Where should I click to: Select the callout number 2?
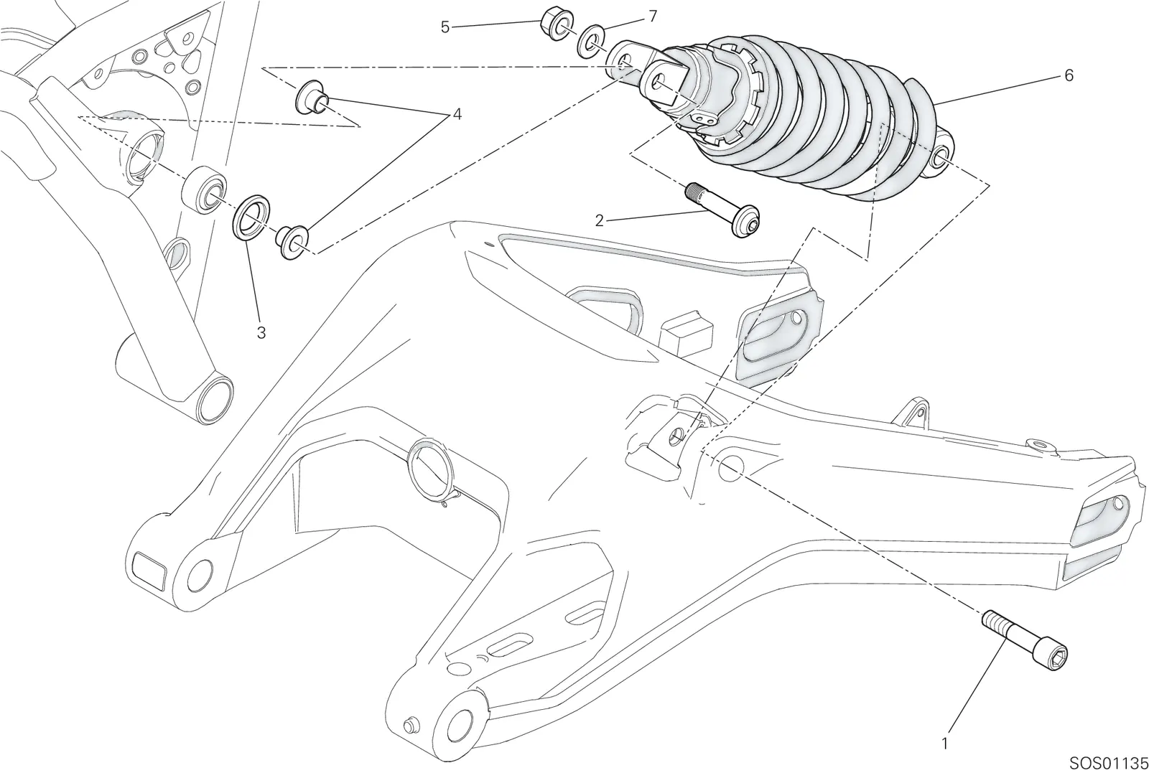click(x=599, y=221)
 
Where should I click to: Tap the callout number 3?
click(x=261, y=333)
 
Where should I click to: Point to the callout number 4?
click(x=457, y=114)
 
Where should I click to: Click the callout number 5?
click(x=445, y=27)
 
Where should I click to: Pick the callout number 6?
click(x=1069, y=75)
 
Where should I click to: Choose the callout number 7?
click(x=653, y=17)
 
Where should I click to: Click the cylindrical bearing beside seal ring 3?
click(x=205, y=189)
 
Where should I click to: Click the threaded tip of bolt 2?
click(x=693, y=192)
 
